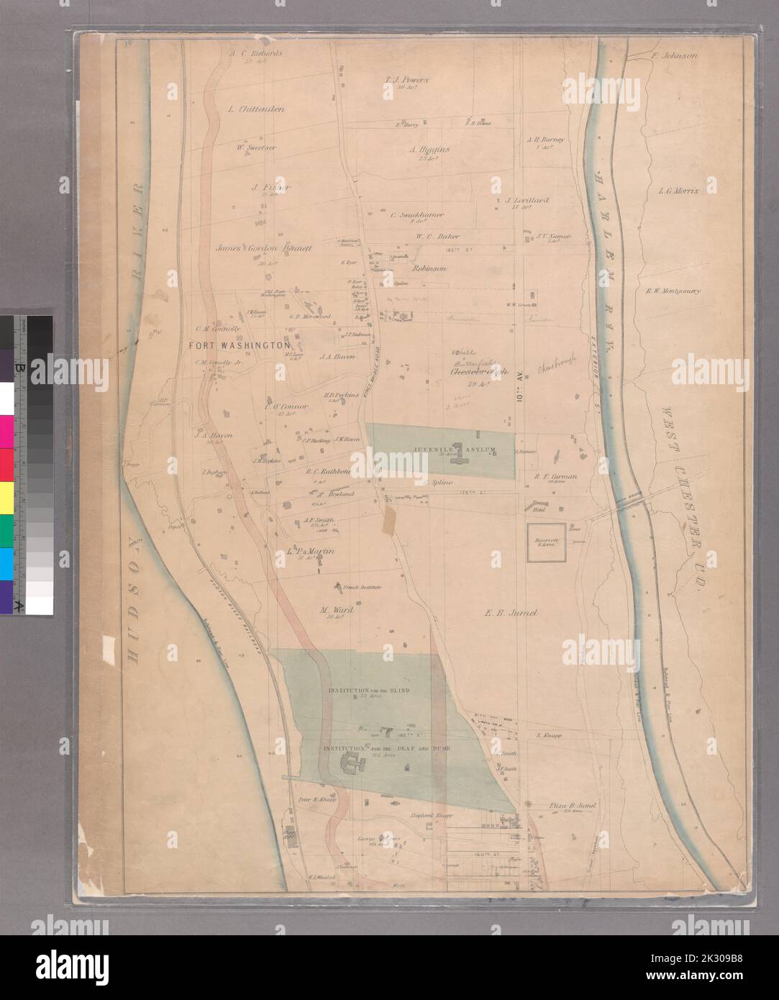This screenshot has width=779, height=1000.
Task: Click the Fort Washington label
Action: pos(234,346)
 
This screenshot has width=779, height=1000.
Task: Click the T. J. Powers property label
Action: pos(406,80)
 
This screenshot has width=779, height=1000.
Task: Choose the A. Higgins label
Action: pos(429,150)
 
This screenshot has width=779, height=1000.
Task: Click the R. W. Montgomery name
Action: pos(673,291)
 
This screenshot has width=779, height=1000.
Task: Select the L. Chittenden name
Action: pos(256,109)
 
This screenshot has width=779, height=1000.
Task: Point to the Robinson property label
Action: pos(430,268)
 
